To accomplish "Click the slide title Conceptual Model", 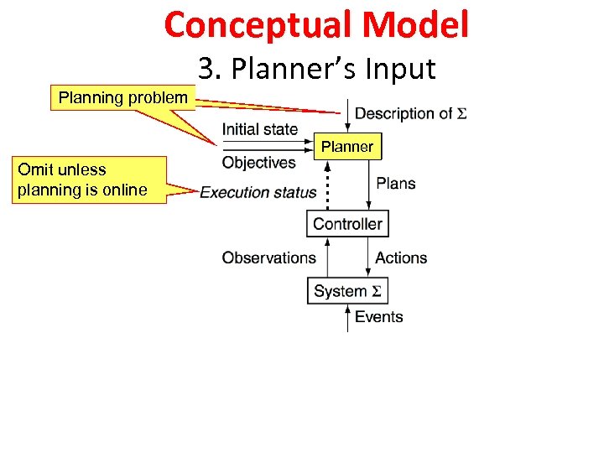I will pyautogui.click(x=316, y=24).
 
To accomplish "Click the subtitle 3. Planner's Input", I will pyautogui.click(x=317, y=69).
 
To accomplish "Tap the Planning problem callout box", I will pyautogui.click(x=123, y=97).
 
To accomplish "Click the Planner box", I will pyautogui.click(x=347, y=147).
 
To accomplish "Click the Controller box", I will pyautogui.click(x=347, y=223).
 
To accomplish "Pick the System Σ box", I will pyautogui.click(x=347, y=291).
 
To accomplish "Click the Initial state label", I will pyautogui.click(x=259, y=129).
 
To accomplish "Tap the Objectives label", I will pyautogui.click(x=258, y=162).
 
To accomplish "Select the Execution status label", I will pyautogui.click(x=258, y=192).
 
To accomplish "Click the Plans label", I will pyautogui.click(x=395, y=183).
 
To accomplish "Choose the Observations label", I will pyautogui.click(x=268, y=258).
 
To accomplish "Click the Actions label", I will pyautogui.click(x=401, y=258).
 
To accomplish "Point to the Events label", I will pyautogui.click(x=378, y=316).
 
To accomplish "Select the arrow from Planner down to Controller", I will pyautogui.click(x=369, y=185).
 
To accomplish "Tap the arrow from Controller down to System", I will pyautogui.click(x=369, y=257).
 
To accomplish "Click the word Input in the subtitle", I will pyautogui.click(x=401, y=69).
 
